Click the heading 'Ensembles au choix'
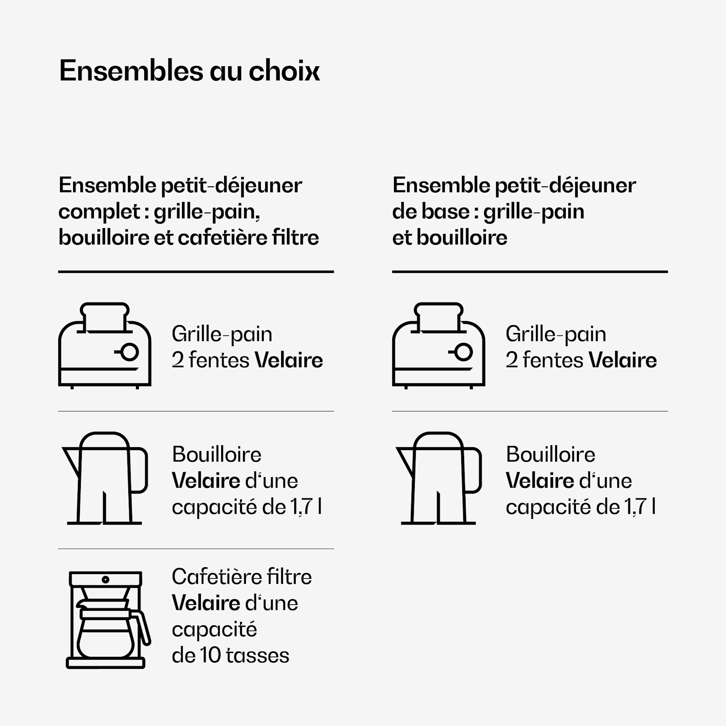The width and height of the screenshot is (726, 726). click(189, 71)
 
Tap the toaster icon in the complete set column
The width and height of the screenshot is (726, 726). click(105, 346)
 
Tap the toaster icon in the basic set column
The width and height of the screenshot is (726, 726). click(439, 346)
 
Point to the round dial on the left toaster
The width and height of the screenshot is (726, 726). click(129, 352)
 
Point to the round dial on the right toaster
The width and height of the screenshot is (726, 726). click(463, 352)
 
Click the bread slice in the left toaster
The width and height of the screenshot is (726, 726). click(105, 317)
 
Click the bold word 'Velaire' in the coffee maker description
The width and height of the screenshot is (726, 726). click(206, 603)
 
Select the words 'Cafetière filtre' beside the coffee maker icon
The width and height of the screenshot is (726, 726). click(242, 577)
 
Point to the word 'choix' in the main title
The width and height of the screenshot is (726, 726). click(284, 71)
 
